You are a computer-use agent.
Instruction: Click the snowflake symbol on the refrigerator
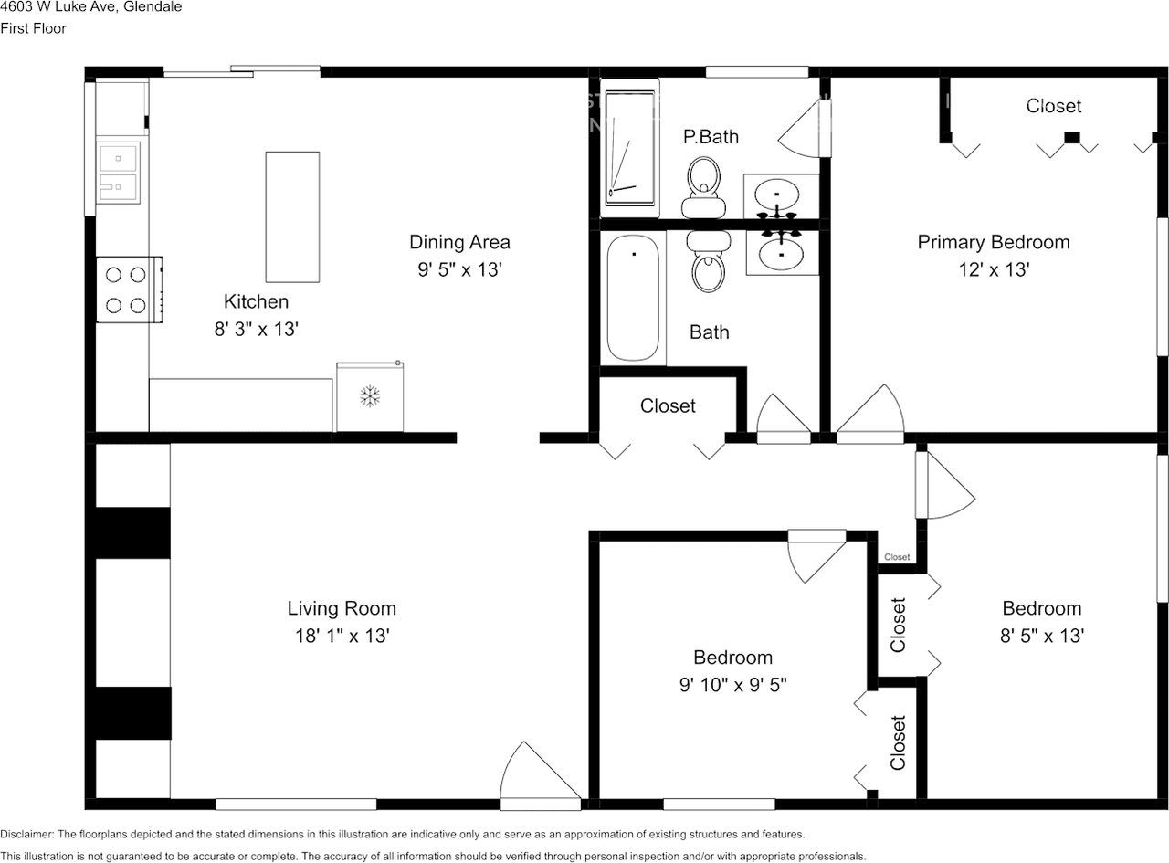coord(370,396)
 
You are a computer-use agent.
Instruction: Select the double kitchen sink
coord(119,173)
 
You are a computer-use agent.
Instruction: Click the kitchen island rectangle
coord(292,216)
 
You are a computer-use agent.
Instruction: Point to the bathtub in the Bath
coord(633,299)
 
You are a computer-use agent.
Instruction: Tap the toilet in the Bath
coord(708,262)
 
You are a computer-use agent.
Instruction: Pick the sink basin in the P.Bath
coord(776,195)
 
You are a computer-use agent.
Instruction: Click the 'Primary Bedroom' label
coord(993,242)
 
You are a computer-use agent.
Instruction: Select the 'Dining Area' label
coord(459,242)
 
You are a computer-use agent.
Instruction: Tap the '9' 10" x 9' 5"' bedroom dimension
coord(732,685)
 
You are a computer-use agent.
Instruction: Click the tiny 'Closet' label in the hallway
coord(897,557)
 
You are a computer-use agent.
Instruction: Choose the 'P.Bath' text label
coord(711,137)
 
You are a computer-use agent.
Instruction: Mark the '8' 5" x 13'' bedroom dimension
coord(1041,636)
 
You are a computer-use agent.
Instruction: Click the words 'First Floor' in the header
coord(33,28)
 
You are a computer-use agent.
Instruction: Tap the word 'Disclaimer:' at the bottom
coord(27,834)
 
